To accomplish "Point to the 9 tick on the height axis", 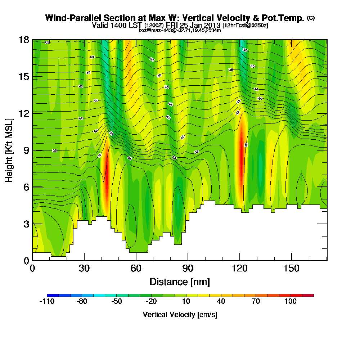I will [26, 150].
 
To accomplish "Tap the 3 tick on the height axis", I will [26, 224].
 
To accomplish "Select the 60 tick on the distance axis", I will [136, 269].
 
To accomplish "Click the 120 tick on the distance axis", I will [239, 269].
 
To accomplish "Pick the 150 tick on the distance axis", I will [291, 269].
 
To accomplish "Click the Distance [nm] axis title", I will [180, 282].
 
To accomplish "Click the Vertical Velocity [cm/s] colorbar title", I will [180, 315].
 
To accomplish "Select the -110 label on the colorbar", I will [46, 302].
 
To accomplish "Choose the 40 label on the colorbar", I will [221, 302].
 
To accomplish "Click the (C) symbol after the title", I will [311, 18].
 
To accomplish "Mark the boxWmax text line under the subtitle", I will [180, 31].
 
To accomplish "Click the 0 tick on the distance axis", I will [32, 269].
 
